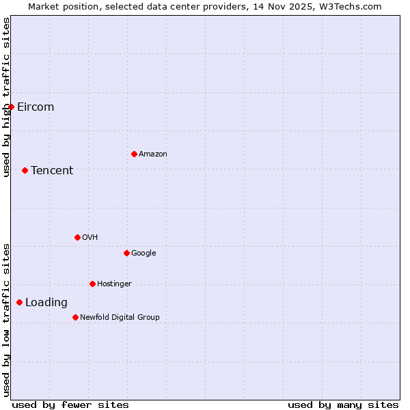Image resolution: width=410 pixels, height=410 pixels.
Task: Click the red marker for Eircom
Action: pyautogui.click(x=11, y=107)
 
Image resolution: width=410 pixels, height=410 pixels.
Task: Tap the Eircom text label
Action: pyautogui.click(x=36, y=107)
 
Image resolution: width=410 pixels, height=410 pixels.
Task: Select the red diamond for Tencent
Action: pyautogui.click(x=25, y=170)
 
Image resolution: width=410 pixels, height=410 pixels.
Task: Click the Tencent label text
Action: pyautogui.click(x=52, y=171)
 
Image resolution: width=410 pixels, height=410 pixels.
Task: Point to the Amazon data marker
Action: pyautogui.click(x=134, y=154)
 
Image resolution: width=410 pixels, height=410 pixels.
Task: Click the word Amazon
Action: pyautogui.click(x=153, y=154)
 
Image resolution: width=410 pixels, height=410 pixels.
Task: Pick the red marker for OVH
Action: pyautogui.click(x=77, y=237)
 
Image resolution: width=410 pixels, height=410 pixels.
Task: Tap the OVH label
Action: pyautogui.click(x=90, y=238)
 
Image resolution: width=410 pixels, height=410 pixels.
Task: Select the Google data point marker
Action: pyautogui.click(x=126, y=253)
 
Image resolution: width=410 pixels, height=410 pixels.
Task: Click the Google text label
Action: pyautogui.click(x=143, y=254)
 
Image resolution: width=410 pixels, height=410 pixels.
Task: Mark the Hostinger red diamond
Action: pyautogui.click(x=92, y=284)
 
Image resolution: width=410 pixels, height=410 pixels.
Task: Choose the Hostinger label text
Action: pyautogui.click(x=114, y=284)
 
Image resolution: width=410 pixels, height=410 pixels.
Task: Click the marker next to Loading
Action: pyautogui.click(x=19, y=302)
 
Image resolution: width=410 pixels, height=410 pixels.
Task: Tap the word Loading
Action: pyautogui.click(x=46, y=303)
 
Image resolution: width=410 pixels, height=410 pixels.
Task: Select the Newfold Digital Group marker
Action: pyautogui.click(x=75, y=317)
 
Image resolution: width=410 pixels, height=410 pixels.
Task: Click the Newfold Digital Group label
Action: pyautogui.click(x=120, y=318)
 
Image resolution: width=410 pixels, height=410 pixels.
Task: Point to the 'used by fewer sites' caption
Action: pyautogui.click(x=70, y=405)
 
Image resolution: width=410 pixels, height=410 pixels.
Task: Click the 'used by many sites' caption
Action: pyautogui.click(x=343, y=405)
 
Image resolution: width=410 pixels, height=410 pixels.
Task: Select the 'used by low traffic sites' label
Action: pyautogui.click(x=6, y=320)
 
